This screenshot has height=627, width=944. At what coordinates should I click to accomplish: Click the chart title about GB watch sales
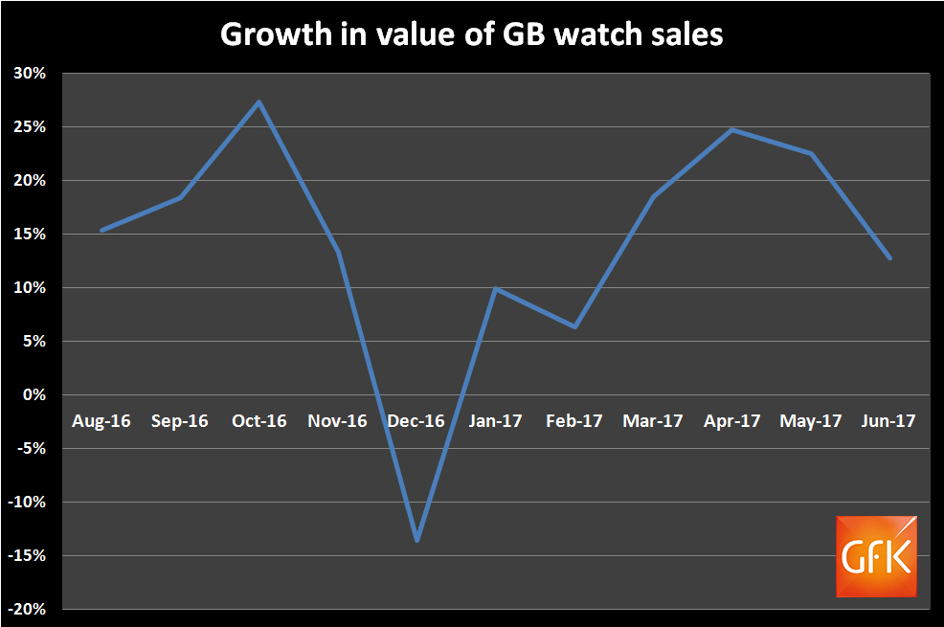(x=472, y=34)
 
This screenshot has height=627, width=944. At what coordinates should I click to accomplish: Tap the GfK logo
(x=876, y=556)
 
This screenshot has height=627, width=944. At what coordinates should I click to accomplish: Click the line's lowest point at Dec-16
(x=416, y=541)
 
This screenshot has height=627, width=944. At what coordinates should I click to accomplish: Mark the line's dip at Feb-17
(x=574, y=326)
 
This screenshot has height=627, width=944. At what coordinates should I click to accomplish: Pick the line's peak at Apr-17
(x=732, y=129)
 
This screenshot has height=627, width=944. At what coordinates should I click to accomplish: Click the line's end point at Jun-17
(x=889, y=258)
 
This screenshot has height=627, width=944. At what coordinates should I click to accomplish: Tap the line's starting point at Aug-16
(x=101, y=230)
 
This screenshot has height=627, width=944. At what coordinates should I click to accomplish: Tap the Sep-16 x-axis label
(x=180, y=421)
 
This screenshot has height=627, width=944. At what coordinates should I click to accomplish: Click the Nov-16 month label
(x=337, y=421)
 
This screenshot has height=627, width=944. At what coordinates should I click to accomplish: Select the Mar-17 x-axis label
(x=652, y=421)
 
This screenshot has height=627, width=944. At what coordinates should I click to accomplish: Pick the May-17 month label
(x=810, y=421)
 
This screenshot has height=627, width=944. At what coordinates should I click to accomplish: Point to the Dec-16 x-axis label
(x=416, y=421)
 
